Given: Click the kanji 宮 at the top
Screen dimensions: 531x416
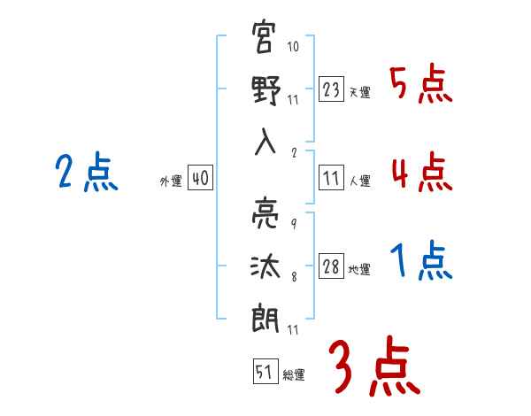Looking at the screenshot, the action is point(264,36).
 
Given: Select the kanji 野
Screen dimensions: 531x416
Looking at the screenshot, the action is point(265,90).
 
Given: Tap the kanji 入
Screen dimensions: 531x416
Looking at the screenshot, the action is point(265,142).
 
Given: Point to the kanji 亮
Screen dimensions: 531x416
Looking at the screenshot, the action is point(265,213).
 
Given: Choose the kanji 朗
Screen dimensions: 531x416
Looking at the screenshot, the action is point(265,318).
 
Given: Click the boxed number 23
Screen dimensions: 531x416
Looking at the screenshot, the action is point(331,89).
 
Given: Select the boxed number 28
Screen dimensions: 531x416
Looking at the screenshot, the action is point(331,266).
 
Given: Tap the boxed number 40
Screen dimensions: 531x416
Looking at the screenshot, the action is point(200,177).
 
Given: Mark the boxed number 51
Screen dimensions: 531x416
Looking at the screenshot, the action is point(265,371).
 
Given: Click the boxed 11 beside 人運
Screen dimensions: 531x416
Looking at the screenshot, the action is point(331,177).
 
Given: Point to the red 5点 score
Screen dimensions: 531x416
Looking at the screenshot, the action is point(421,83).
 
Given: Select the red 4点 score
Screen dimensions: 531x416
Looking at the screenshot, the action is point(422,172).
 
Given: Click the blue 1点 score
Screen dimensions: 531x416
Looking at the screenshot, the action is point(421,260).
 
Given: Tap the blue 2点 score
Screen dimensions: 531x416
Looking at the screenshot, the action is point(87,172).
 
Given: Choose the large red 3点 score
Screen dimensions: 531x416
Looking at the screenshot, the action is point(374,366).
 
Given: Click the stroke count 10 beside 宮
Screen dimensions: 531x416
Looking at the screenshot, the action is point(293,46).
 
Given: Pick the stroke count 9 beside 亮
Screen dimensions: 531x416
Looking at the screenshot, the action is point(294,224).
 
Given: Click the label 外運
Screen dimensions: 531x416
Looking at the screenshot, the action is point(171,181).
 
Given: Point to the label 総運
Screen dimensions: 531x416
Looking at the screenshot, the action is point(294,374).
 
